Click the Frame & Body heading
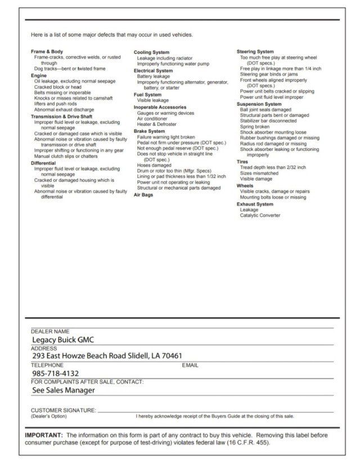[47, 52]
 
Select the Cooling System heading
[151, 52]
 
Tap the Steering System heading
[255, 52]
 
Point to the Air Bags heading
[143, 194]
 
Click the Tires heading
[242, 162]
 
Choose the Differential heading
[43, 163]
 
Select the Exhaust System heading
[255, 204]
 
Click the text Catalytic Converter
[260, 215]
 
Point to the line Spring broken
[255, 127]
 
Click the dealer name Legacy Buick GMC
[63, 340]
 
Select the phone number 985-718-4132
[55, 373]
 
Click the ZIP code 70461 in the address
[171, 356]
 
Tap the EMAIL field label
[190, 365]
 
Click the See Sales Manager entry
[63, 390]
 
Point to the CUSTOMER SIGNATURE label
[63, 410]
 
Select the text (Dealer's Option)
[48, 416]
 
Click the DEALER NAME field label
[50, 331]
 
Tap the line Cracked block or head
[57, 87]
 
